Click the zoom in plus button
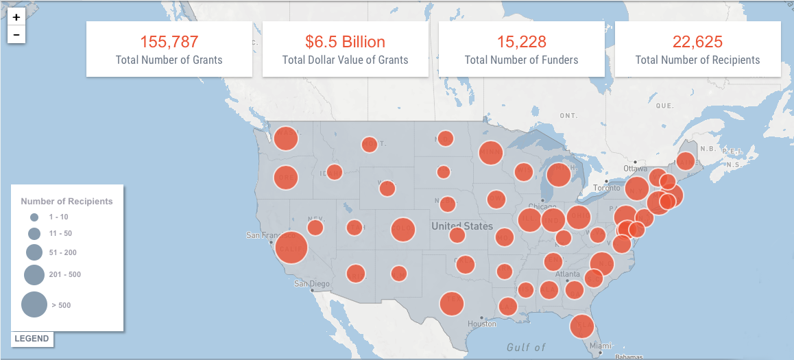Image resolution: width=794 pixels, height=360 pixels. click(x=16, y=17)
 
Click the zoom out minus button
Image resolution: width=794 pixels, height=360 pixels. click(x=16, y=34)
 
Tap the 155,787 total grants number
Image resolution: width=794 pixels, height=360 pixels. click(x=169, y=42)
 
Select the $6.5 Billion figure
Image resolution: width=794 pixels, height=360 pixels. click(x=345, y=42)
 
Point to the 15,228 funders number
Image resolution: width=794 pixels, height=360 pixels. click(x=521, y=42)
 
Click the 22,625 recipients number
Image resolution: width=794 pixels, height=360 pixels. click(x=697, y=42)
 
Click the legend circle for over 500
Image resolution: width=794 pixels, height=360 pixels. click(x=34, y=304)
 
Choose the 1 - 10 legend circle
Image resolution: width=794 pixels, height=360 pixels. click(x=34, y=217)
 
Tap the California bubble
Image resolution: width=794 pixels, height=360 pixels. click(x=291, y=247)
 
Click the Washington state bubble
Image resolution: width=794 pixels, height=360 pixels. click(x=286, y=138)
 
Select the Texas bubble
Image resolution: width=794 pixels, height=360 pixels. click(x=451, y=302)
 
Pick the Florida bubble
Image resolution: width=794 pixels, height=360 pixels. click(x=582, y=326)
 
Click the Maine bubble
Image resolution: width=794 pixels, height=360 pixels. click(x=685, y=161)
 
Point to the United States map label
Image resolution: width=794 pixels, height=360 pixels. click(x=462, y=226)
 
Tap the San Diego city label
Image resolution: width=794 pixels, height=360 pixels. click(x=312, y=283)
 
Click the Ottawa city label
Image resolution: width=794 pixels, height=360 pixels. click(x=635, y=169)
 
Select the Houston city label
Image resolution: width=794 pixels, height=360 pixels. click(x=481, y=324)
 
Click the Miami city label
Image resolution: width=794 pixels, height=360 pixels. click(x=600, y=346)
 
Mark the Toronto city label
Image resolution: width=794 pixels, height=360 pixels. click(x=606, y=187)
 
